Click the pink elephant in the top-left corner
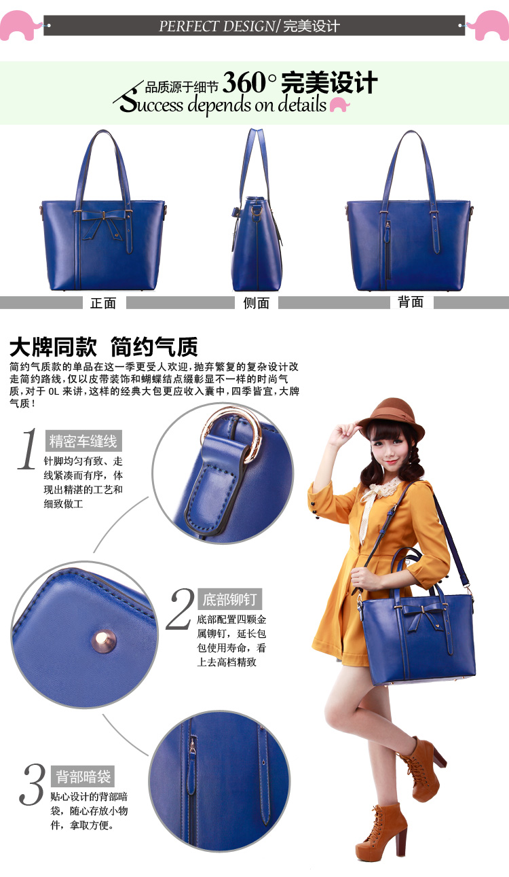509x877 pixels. pyautogui.click(x=20, y=25)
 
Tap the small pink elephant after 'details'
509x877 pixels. pyautogui.click(x=339, y=105)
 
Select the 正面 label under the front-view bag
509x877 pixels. pyautogui.click(x=103, y=303)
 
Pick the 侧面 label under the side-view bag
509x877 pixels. pyautogui.click(x=257, y=303)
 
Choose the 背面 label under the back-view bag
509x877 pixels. pyautogui.click(x=411, y=302)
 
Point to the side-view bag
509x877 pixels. pyautogui.click(x=257, y=211)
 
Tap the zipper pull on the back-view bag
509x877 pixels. pyautogui.click(x=388, y=226)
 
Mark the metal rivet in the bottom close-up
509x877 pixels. pyautogui.click(x=105, y=640)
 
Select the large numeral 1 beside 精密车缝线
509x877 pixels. pyautogui.click(x=27, y=449)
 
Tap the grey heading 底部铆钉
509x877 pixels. pyautogui.click(x=229, y=599)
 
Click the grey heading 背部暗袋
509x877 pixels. pyautogui.click(x=83, y=776)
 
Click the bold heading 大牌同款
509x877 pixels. pyautogui.click(x=54, y=347)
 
